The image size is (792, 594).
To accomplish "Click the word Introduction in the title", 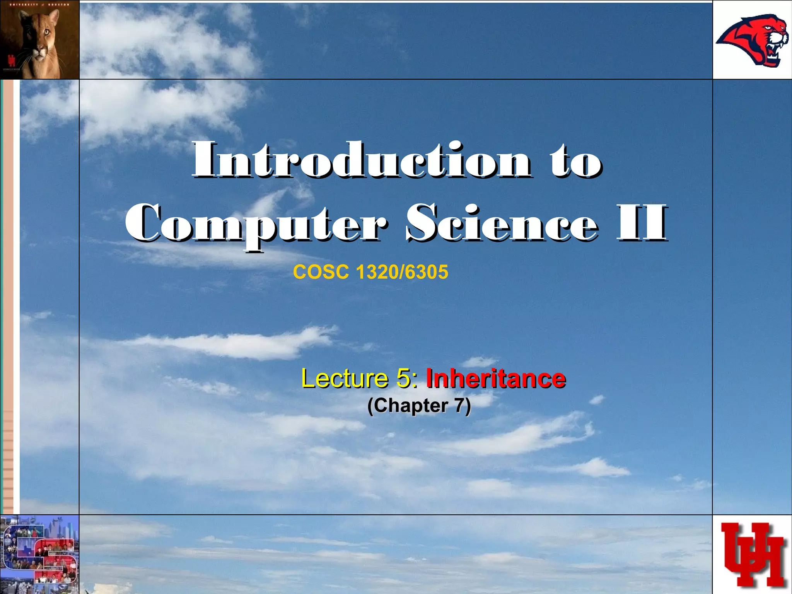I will coord(362,160).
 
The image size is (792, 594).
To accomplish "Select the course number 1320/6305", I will coord(402,272).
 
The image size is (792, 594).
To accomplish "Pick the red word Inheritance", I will coord(496,378).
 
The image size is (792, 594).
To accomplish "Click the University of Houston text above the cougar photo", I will coord(39,5).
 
